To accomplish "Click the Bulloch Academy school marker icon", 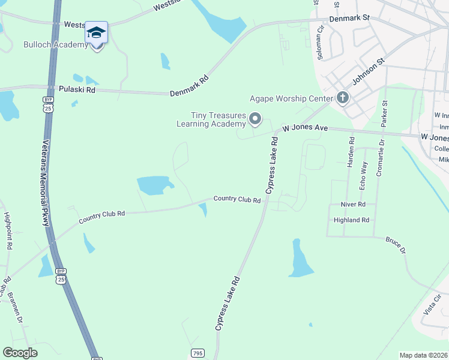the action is (96, 33).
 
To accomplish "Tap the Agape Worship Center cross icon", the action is (343, 98).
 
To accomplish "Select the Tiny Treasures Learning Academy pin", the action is (255, 119).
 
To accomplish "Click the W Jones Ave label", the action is (305, 128).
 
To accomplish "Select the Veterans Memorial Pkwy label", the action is (45, 183).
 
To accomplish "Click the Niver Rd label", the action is (353, 205).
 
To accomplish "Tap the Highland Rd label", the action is (352, 220).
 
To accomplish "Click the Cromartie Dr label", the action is (380, 161).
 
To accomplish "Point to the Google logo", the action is (20, 353).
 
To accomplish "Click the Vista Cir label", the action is (432, 304).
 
